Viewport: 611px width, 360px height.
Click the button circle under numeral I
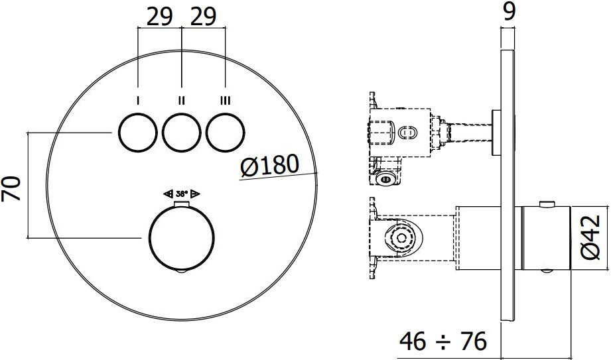119,133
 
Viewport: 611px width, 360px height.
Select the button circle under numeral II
163,133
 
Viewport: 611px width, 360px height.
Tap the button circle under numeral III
206,133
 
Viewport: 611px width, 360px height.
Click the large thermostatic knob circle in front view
149,237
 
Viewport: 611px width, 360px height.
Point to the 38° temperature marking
182,194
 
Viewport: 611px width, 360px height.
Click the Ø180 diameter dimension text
269,166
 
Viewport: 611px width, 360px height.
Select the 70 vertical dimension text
11,188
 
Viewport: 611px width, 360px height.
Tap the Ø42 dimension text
590,237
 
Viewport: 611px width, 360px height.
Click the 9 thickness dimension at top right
509,11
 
